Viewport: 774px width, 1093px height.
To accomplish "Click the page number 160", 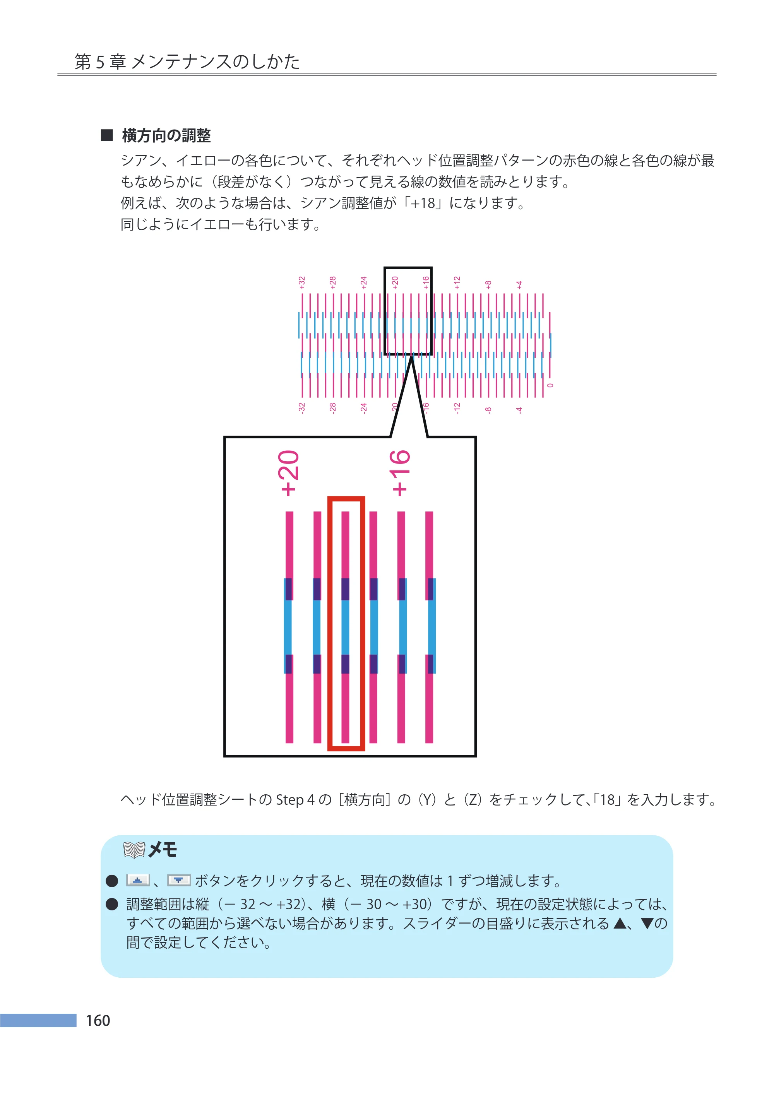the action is coord(98,1020).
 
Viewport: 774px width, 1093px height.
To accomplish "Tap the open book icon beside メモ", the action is coord(134,850).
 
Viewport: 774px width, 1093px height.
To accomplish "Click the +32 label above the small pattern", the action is coord(302,282).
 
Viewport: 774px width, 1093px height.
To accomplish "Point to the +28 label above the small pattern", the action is coord(333,282).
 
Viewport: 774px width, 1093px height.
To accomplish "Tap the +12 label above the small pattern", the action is coord(457,282).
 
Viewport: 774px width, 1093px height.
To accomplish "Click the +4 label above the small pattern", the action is coord(519,284).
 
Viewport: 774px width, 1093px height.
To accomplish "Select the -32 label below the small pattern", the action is coord(302,408).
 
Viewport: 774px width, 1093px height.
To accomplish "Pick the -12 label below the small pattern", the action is coord(457,408).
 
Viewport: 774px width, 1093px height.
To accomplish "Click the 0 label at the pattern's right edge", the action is coord(550,385).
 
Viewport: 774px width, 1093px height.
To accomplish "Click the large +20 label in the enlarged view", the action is coord(290,473).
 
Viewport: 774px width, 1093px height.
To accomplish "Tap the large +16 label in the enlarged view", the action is coord(400,473).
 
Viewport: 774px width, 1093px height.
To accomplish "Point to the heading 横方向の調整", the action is coord(166,136).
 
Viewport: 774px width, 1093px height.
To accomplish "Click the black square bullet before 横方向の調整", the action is coord(107,135).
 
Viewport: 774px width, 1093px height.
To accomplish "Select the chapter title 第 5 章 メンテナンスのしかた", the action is coord(187,62).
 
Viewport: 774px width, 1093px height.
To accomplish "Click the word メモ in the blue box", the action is coord(163,850).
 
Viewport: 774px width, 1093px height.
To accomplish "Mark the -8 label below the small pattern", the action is coord(488,410).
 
